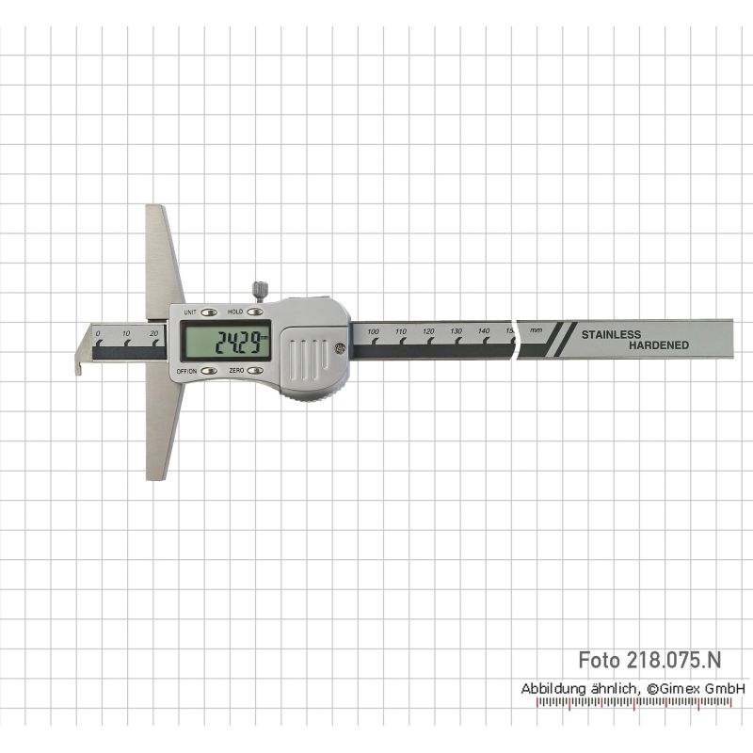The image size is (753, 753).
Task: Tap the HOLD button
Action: (255, 312)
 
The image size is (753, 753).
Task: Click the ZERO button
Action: (255, 371)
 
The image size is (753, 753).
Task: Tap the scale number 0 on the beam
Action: (98, 334)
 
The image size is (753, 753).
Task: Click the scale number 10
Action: (126, 333)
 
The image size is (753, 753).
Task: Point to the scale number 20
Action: (153, 333)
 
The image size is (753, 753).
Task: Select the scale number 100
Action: (373, 332)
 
